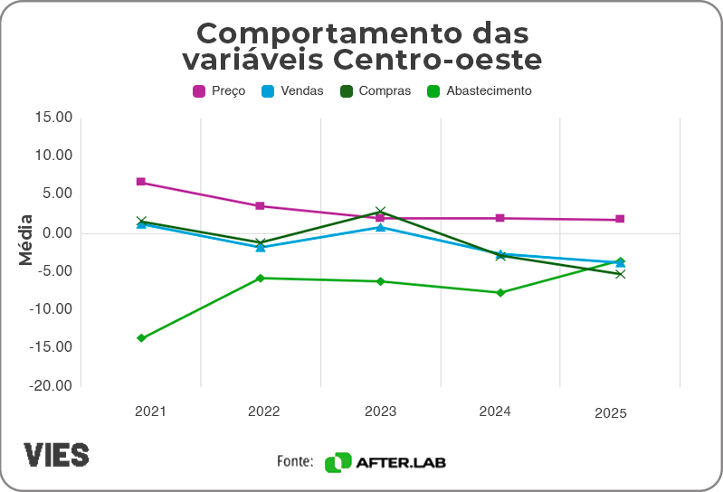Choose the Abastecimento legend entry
click(479, 90)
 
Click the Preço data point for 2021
click(141, 182)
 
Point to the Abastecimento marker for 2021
click(141, 338)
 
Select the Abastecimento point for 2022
click(261, 278)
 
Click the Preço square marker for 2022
click(261, 206)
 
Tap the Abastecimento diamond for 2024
click(500, 292)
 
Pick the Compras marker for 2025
click(620, 274)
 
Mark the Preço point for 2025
click(620, 220)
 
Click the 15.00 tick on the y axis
click(53, 118)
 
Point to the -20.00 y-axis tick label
click(51, 385)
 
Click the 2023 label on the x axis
click(380, 412)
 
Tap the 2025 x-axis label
click(611, 413)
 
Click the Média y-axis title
click(25, 240)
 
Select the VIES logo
click(56, 454)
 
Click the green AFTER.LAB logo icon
click(338, 462)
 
